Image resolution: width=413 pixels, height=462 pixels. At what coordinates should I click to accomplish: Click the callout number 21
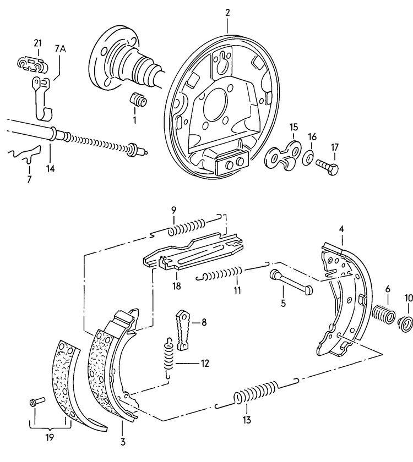pos(37,43)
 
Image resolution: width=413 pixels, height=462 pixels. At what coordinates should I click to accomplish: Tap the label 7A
pos(60,48)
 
